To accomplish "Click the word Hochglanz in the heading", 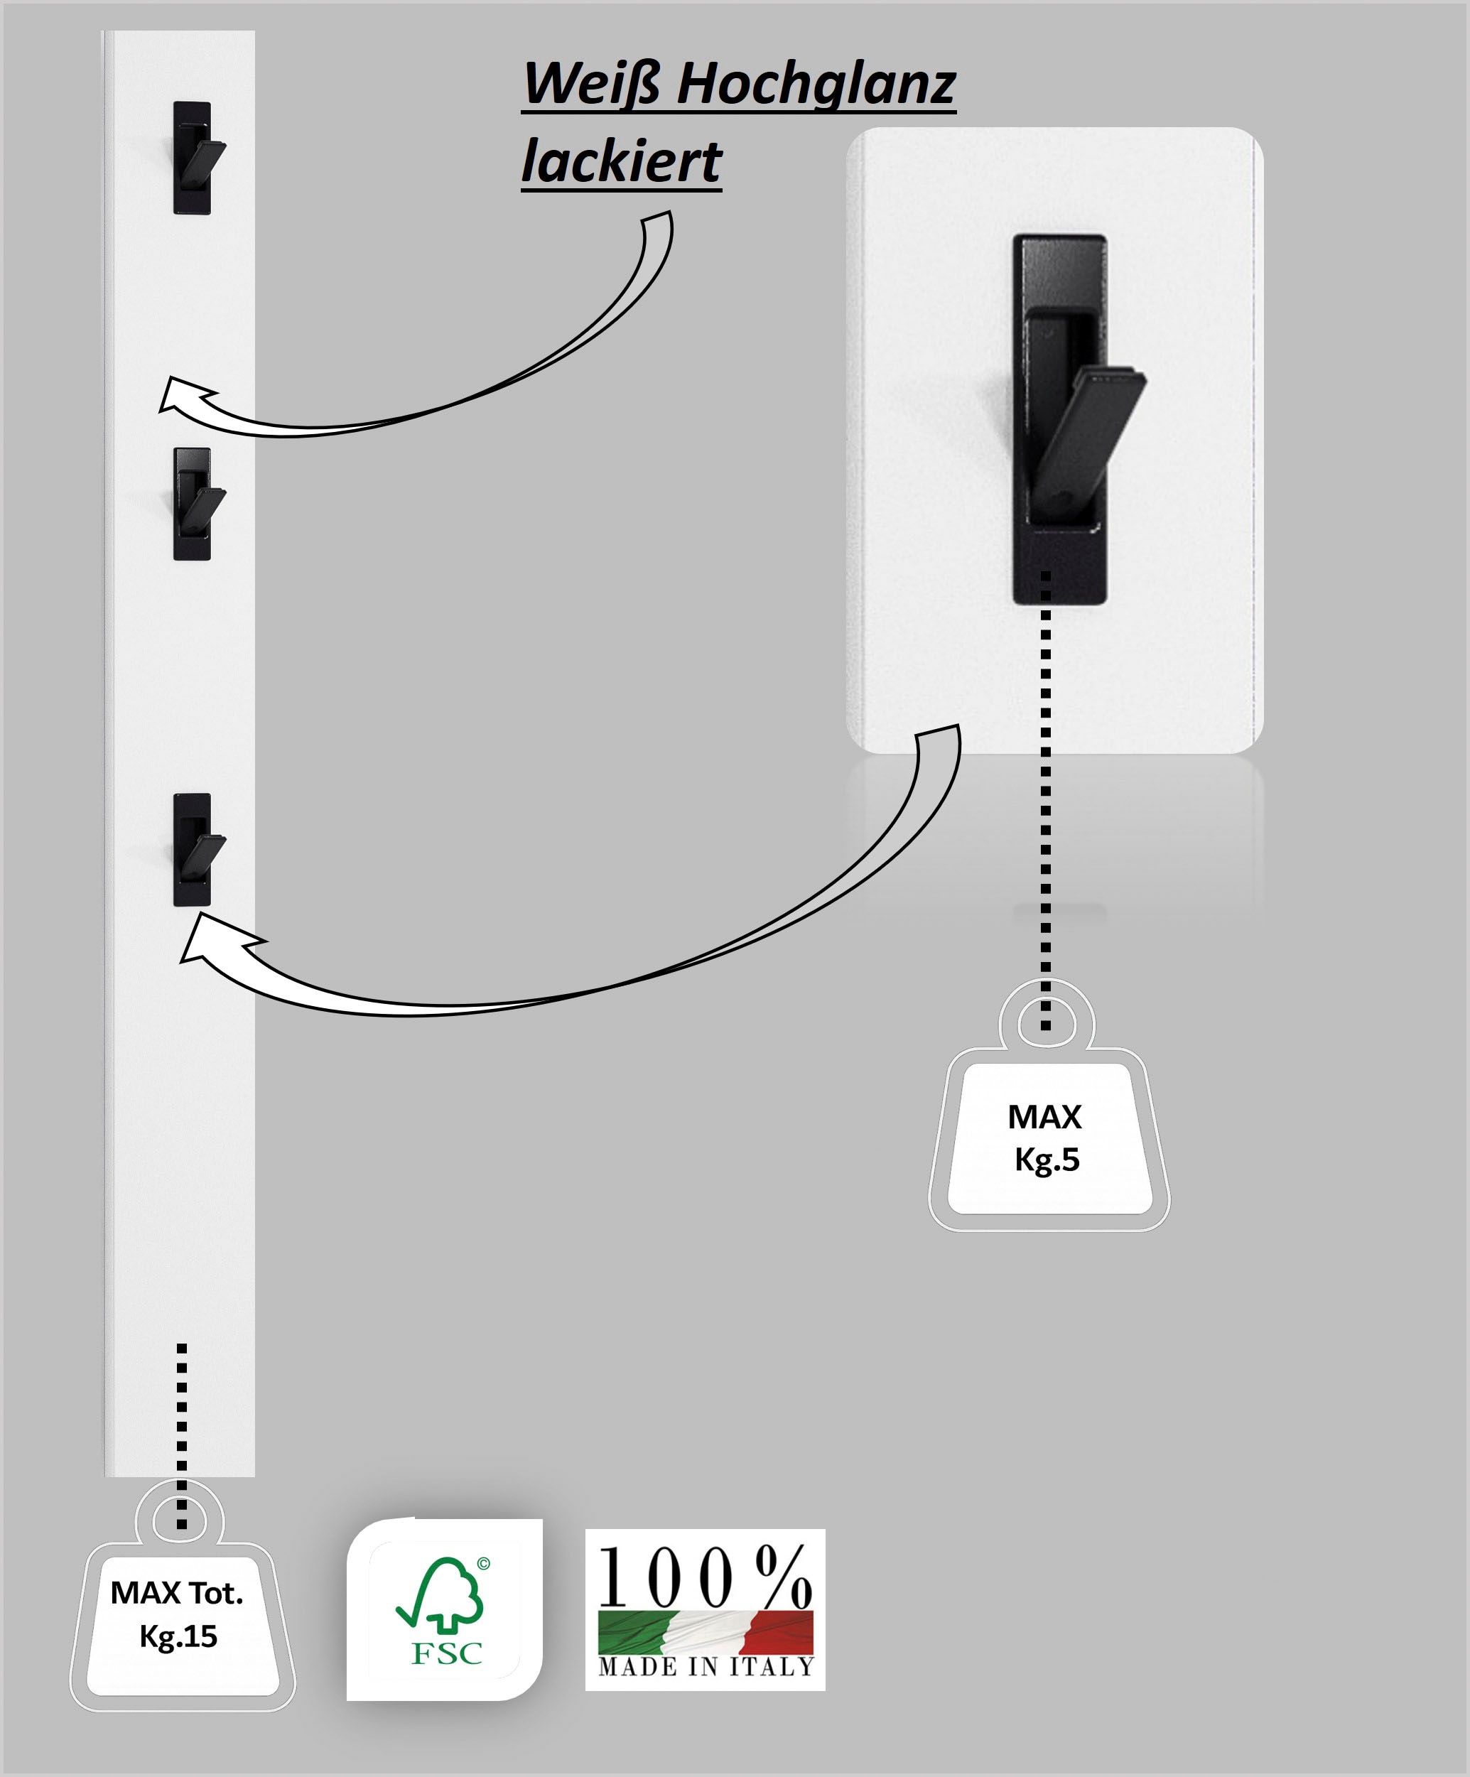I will click(x=816, y=86).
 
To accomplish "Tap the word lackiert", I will click(x=621, y=161).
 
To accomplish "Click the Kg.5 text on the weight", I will click(x=1047, y=1160).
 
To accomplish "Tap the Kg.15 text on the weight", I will click(x=178, y=1636).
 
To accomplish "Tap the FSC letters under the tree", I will click(x=446, y=1653).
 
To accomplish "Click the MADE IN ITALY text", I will click(x=705, y=1667).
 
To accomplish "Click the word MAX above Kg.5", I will click(x=1044, y=1117).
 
